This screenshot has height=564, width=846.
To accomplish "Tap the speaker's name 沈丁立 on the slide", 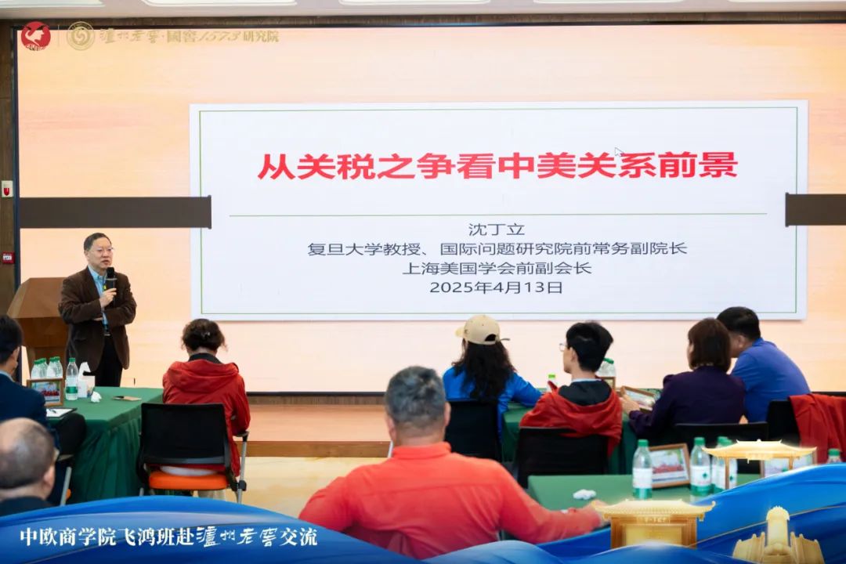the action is (x=497, y=230).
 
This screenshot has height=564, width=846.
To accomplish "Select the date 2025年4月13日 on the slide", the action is (x=496, y=287).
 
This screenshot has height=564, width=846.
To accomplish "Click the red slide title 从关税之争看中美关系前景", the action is (x=497, y=165).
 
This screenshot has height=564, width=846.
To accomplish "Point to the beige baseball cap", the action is (x=479, y=330).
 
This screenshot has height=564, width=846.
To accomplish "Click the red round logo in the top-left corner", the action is (x=35, y=36).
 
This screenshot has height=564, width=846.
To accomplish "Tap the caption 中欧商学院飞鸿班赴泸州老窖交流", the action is (x=169, y=537).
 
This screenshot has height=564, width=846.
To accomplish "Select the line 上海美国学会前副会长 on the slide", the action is (x=497, y=268).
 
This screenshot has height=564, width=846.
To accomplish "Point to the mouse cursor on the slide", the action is (x=618, y=152).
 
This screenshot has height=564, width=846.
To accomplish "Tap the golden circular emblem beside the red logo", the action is (x=81, y=36).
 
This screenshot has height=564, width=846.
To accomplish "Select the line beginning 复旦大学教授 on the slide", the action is (x=497, y=249).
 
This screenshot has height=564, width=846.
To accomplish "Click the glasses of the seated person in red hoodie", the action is (x=565, y=347).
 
